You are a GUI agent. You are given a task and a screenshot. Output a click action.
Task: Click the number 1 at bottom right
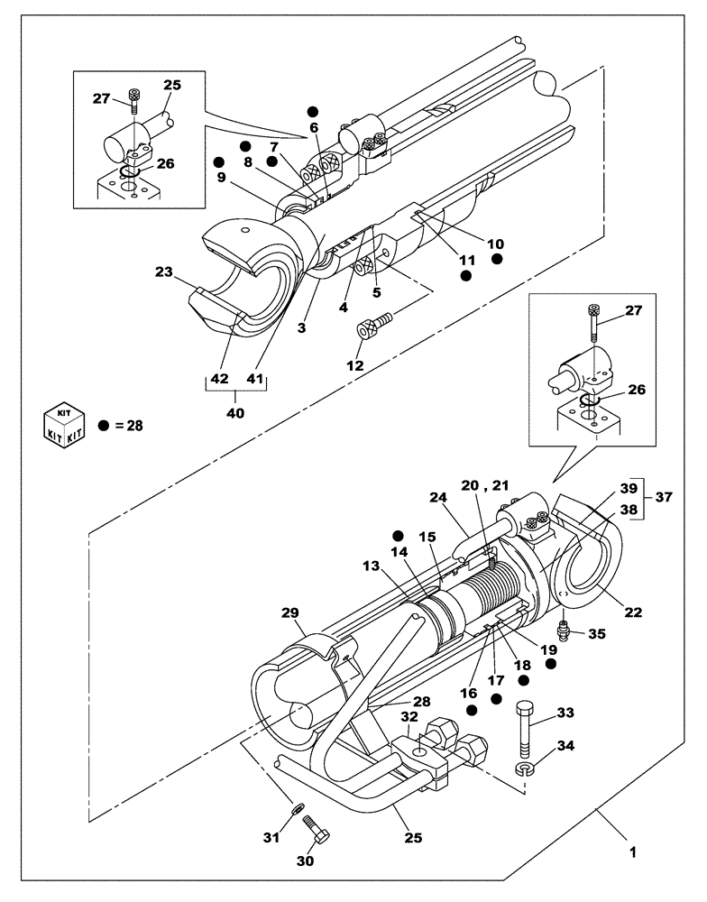coord(633,851)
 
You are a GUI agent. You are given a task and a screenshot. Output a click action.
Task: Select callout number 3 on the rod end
coord(302,328)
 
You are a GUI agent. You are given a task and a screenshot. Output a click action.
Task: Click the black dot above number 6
coord(312,111)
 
